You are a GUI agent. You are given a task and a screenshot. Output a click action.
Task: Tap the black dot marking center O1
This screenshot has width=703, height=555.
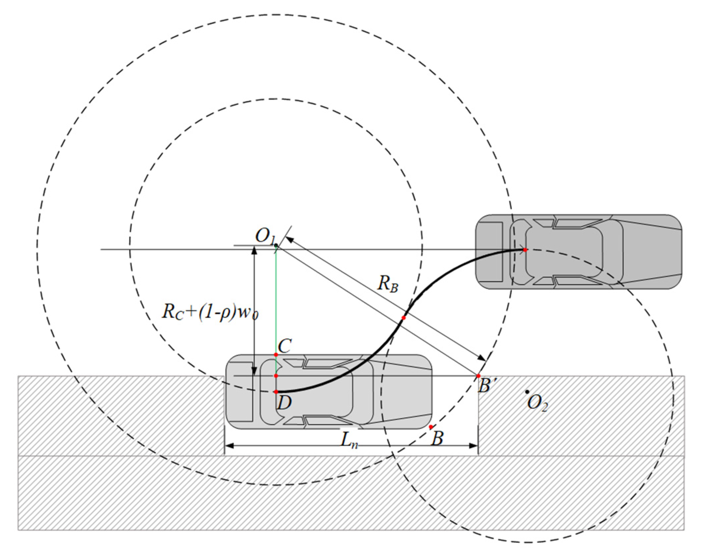click(276, 245)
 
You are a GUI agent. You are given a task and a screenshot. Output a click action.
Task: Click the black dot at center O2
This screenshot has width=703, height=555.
click(527, 392)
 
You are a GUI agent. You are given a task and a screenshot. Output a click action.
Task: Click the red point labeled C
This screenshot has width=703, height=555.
click(276, 355)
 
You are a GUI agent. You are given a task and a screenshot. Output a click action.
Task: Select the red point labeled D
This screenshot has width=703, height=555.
click(276, 392)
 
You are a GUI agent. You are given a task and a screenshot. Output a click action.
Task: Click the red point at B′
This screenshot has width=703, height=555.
click(478, 376)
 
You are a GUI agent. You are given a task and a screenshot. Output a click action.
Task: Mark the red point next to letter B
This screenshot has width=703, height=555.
click(430, 427)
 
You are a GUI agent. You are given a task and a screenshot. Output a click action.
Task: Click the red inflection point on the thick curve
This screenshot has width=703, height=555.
click(404, 318)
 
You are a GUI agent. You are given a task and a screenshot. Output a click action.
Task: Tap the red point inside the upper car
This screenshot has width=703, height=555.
click(525, 249)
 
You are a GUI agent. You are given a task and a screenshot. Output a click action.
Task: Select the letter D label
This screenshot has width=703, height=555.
click(284, 403)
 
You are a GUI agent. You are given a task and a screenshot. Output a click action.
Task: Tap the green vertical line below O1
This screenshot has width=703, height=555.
click(276, 299)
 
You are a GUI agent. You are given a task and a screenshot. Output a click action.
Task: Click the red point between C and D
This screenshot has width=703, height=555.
click(276, 376)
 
